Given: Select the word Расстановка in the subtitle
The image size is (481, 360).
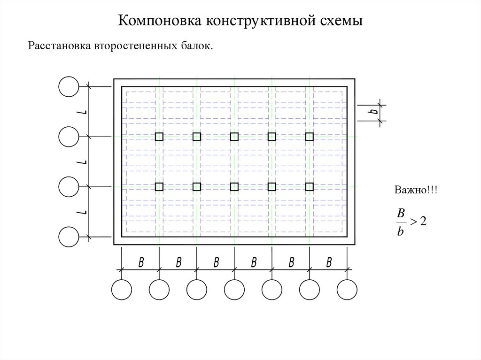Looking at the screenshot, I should coord(59,46).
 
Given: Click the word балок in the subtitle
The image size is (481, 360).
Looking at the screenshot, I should coord(198,46).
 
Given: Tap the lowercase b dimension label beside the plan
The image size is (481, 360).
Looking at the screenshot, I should coord(372,112).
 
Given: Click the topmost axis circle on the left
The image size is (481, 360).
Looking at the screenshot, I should coord(69,86).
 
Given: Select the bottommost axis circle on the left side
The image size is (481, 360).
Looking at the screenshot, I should coord(69,237).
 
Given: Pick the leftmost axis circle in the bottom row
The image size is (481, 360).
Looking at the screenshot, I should coord(122,289).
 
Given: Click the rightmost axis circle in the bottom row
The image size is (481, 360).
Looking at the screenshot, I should coord(347,289).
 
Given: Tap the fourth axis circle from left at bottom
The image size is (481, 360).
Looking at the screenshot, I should coord(234,289).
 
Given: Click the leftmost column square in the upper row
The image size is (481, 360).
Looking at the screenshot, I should coord(159,137).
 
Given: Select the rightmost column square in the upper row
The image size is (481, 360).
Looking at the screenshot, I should coord(310,137).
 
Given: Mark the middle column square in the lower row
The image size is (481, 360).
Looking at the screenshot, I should coord(234,187).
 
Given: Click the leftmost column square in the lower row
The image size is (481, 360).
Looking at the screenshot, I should coord(159,187).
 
